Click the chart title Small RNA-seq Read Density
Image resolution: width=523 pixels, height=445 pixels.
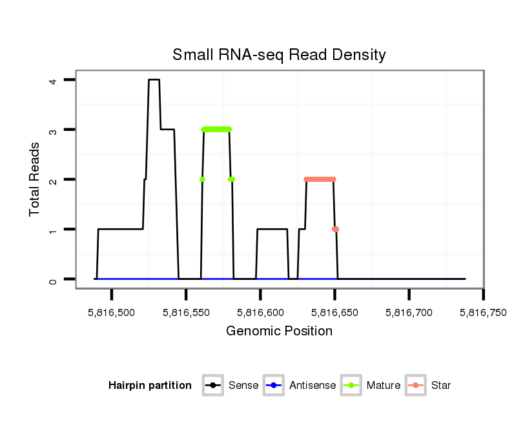[x=279, y=55]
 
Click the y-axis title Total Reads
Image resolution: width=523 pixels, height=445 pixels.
[x=35, y=179]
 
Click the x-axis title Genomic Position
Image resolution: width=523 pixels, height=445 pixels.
[x=279, y=331]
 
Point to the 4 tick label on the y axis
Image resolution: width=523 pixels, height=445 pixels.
[x=55, y=80]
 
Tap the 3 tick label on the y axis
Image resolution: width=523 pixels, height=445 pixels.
[x=55, y=130]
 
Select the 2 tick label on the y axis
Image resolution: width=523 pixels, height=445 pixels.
[x=55, y=179]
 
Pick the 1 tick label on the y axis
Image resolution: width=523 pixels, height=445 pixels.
[x=55, y=230]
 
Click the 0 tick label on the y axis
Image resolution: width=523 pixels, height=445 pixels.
[x=55, y=279]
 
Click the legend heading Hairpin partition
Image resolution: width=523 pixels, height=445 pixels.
[x=150, y=386]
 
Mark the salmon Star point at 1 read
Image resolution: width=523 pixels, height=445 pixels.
[x=335, y=229]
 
